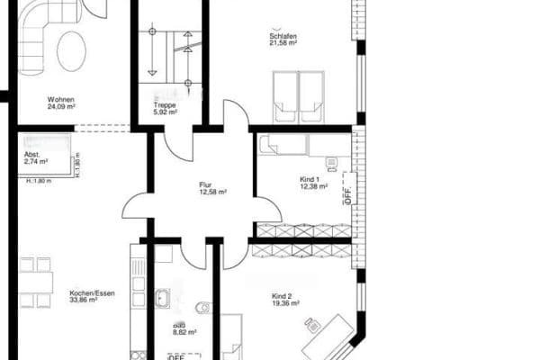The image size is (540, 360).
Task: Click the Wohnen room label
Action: tap(61, 99)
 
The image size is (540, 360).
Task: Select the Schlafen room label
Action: tap(283, 36)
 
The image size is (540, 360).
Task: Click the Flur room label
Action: tap(205, 184)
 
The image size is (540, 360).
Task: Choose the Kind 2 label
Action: tap(283, 296)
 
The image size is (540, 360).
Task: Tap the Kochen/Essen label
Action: tap(83, 293)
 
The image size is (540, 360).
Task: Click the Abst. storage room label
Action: tap(32, 154)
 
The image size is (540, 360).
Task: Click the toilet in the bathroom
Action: tap(203, 308)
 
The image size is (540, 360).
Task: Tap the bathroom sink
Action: tap(165, 298)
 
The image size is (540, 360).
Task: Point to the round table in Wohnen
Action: tap(71, 50)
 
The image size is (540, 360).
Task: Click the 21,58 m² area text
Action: tap(283, 44)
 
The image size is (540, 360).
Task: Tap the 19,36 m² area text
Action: tap(283, 304)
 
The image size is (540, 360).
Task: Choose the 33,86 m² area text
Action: tap(83, 301)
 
